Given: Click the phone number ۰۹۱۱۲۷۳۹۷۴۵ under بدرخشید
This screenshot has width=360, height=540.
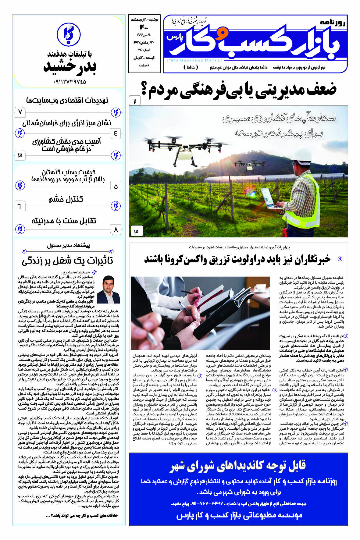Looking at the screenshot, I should (70, 82).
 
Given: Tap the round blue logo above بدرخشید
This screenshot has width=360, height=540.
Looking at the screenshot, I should (69, 34).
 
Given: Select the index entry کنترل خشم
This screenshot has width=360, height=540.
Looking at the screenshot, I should (66, 200).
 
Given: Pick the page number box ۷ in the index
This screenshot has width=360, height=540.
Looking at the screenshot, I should (20, 112).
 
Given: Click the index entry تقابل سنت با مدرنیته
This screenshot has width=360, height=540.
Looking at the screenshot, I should (64, 221).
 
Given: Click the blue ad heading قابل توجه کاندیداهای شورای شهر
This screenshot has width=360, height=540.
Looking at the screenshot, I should (238, 466).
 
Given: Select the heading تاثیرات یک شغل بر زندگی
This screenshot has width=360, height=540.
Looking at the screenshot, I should (67, 261).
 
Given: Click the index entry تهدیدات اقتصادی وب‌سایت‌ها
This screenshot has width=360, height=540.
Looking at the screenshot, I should (67, 100).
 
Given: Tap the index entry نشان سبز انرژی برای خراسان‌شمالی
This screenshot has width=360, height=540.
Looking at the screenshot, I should (67, 123).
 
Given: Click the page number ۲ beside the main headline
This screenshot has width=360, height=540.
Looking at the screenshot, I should (135, 101).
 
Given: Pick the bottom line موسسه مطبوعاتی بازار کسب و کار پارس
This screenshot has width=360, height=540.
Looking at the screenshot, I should (239, 515).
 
